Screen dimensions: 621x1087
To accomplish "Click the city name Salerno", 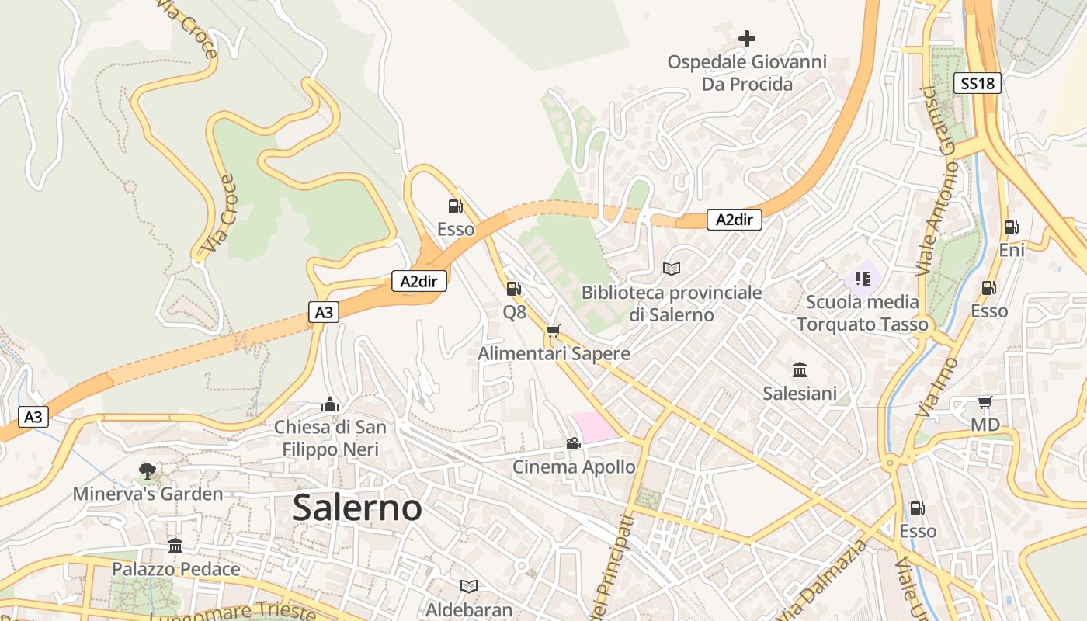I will tap(357, 508).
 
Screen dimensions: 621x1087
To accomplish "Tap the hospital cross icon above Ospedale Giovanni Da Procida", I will tap(747, 38).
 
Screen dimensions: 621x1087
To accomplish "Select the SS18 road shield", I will tap(978, 83).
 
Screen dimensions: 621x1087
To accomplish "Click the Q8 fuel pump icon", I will tap(513, 289).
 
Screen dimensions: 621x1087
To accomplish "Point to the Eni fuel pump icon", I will tap(1011, 227).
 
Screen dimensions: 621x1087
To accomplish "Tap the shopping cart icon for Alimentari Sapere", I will tap(553, 331).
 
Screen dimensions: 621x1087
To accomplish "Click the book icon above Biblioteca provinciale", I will tap(672, 269).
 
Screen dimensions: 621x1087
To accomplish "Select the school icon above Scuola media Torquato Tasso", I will tap(862, 278).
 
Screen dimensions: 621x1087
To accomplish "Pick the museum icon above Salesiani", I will tap(800, 369).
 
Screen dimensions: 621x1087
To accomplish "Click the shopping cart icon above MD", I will tap(985, 402).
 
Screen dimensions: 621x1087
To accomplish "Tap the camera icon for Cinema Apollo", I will tap(573, 443).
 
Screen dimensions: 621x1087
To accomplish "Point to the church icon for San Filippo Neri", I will tap(330, 404).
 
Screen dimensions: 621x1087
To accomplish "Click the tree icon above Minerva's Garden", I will tap(147, 470).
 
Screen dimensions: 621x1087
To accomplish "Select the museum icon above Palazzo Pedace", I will tap(175, 546).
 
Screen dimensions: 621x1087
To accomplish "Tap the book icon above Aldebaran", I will tap(468, 586).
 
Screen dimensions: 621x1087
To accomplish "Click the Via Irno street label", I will tap(937, 387).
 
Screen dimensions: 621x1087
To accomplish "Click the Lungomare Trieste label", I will tap(233, 609).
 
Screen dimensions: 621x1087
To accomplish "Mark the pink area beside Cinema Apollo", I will tap(596, 427).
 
